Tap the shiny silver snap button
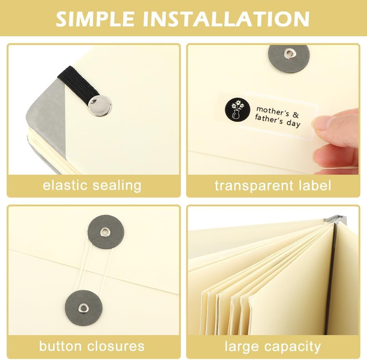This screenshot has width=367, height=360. [x=99, y=105]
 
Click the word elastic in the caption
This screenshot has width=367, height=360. [x=65, y=185]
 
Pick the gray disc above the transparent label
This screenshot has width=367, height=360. [x=289, y=57]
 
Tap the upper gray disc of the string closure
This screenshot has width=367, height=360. [x=106, y=232]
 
